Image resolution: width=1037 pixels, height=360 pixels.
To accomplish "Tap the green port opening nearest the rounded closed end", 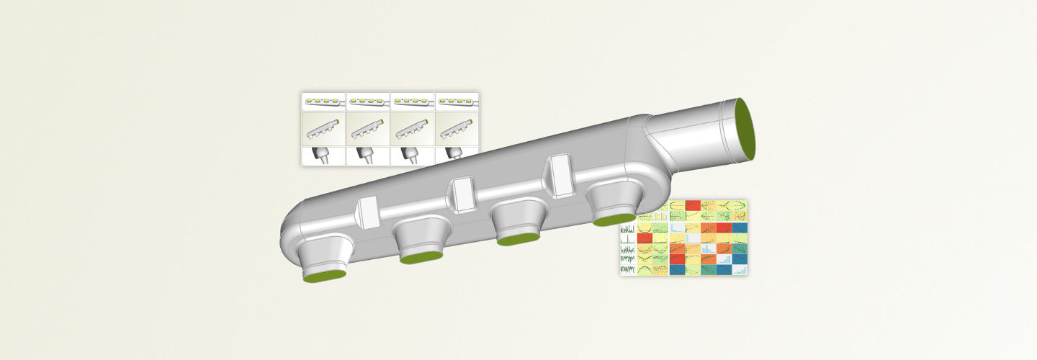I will pos(325,275).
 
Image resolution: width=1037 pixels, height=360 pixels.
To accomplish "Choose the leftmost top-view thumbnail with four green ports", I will pos(323,102).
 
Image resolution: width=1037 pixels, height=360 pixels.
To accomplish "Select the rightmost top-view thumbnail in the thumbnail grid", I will pos(457,102).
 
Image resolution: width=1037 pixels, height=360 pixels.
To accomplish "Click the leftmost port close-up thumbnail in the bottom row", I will pos(323,156).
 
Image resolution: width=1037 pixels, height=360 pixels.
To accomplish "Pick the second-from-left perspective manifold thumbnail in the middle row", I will pos(368,129).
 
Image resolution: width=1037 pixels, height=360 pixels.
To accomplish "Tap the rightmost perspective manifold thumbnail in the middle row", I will pos(457,129).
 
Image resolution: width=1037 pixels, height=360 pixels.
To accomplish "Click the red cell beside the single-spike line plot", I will pos(645,237).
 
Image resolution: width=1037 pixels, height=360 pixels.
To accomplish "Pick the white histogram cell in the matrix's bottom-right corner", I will pos(740,269).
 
